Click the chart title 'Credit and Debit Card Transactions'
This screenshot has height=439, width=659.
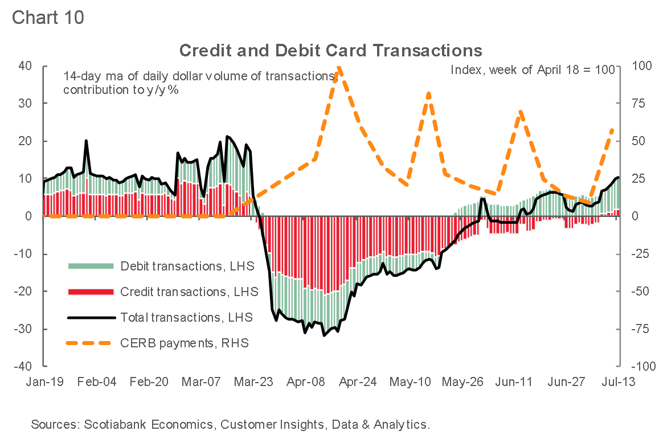pyautogui.click(x=330, y=50)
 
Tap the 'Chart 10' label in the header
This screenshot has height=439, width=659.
pyautogui.click(x=48, y=17)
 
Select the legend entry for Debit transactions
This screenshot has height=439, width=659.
pyautogui.click(x=186, y=266)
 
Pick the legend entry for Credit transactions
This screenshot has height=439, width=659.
pyautogui.click(x=189, y=292)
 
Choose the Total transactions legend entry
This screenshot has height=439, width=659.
pyautogui.click(x=186, y=317)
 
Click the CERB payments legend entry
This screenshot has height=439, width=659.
pyautogui.click(x=185, y=343)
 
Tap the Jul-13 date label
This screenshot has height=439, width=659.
pyautogui.click(x=619, y=381)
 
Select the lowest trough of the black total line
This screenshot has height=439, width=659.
pyautogui.click(x=324, y=335)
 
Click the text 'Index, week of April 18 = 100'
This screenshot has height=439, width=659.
pyautogui.click(x=533, y=70)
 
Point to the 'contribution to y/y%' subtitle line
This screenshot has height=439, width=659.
pyautogui.click(x=121, y=90)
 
